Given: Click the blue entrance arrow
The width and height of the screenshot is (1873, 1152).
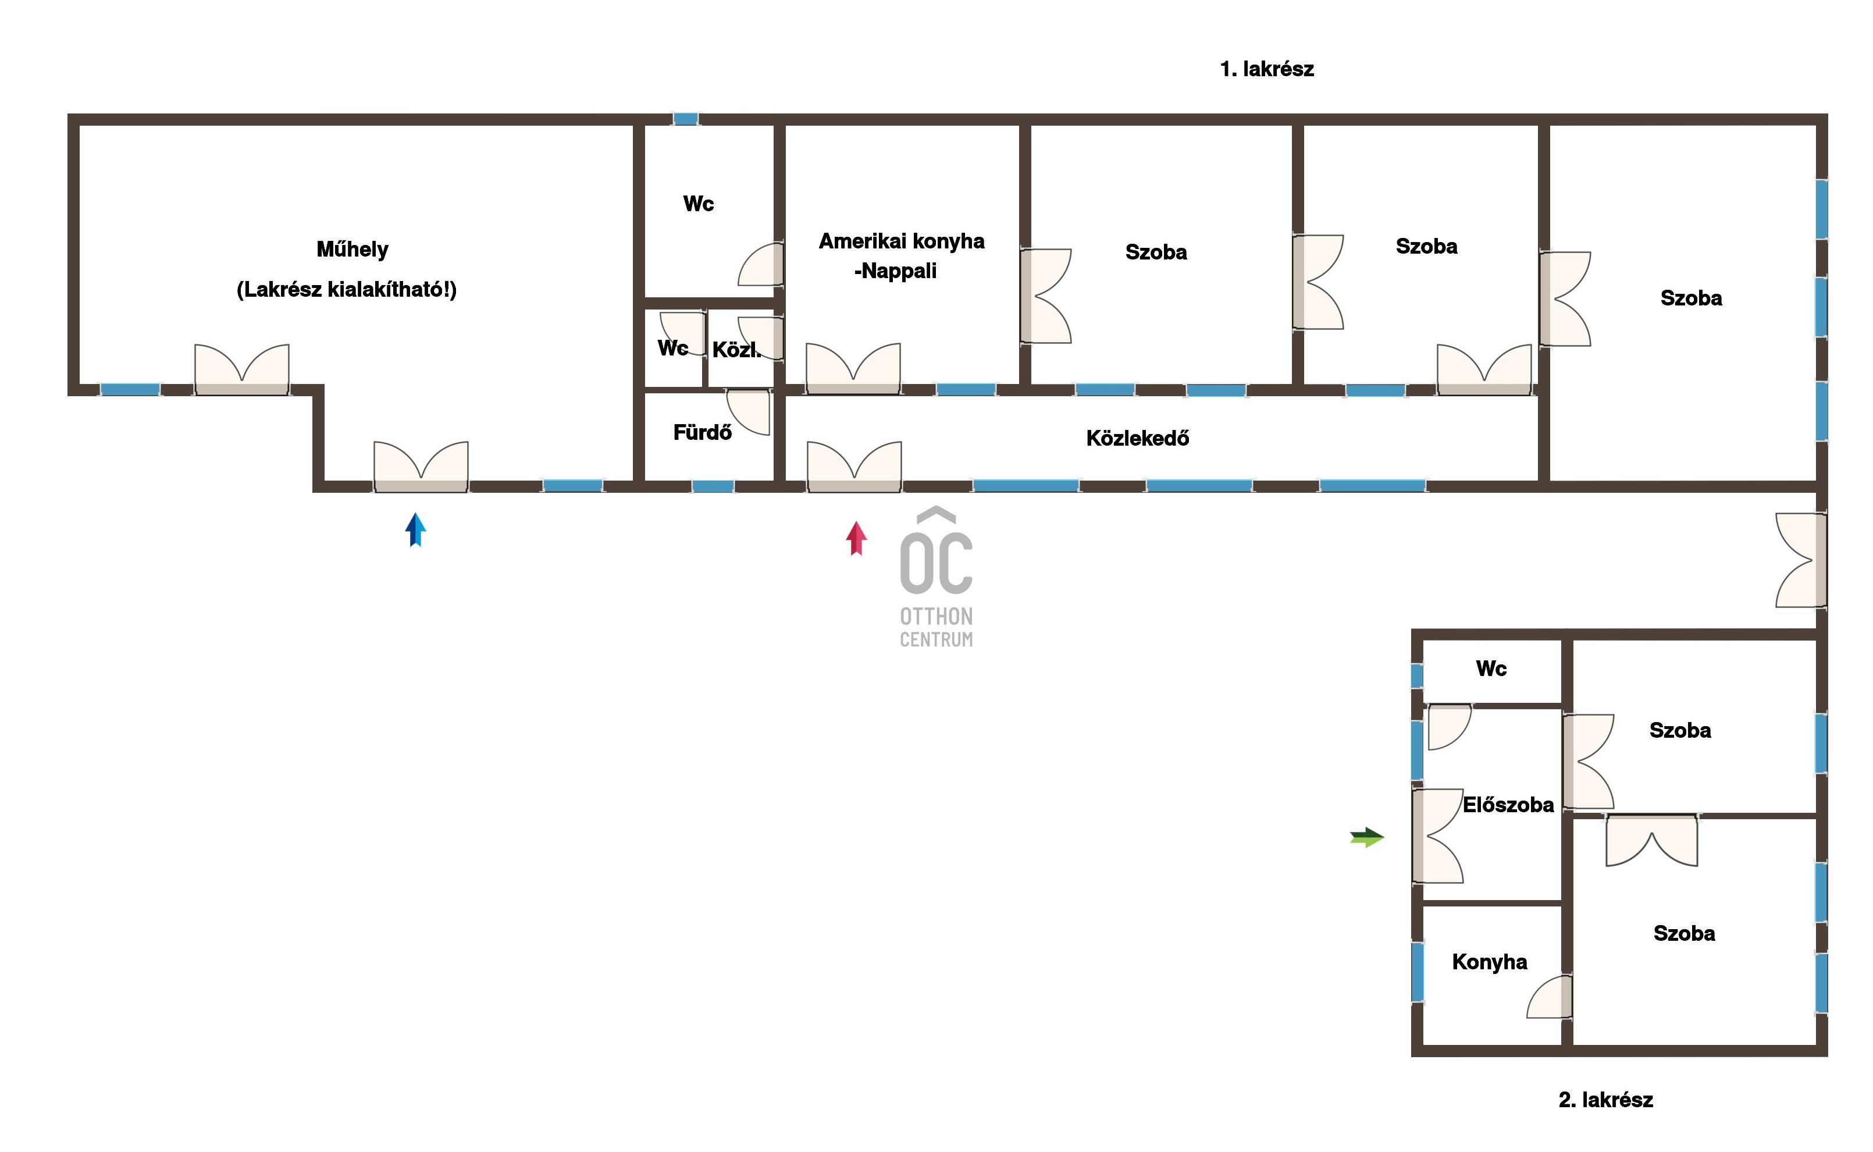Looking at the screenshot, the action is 415,529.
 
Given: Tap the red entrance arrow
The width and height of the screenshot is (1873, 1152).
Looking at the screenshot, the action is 856,539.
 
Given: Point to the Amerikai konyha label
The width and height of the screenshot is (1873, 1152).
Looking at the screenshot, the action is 902,241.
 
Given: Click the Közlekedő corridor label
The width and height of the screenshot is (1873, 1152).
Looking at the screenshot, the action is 1137,438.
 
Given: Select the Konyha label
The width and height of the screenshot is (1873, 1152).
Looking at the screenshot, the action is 1489,962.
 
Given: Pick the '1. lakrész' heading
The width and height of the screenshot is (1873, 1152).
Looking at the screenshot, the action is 1267,69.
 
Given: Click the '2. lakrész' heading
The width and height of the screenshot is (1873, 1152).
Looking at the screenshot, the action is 1605,1100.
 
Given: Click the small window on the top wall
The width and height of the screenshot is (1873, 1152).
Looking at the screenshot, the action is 685,119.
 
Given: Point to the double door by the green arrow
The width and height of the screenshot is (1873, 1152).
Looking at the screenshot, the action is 1437,836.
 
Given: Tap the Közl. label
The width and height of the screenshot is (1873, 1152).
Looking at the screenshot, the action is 736,350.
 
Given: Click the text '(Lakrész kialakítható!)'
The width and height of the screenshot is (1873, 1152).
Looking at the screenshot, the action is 347,290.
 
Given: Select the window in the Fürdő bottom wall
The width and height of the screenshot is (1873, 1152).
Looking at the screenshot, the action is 713,486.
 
